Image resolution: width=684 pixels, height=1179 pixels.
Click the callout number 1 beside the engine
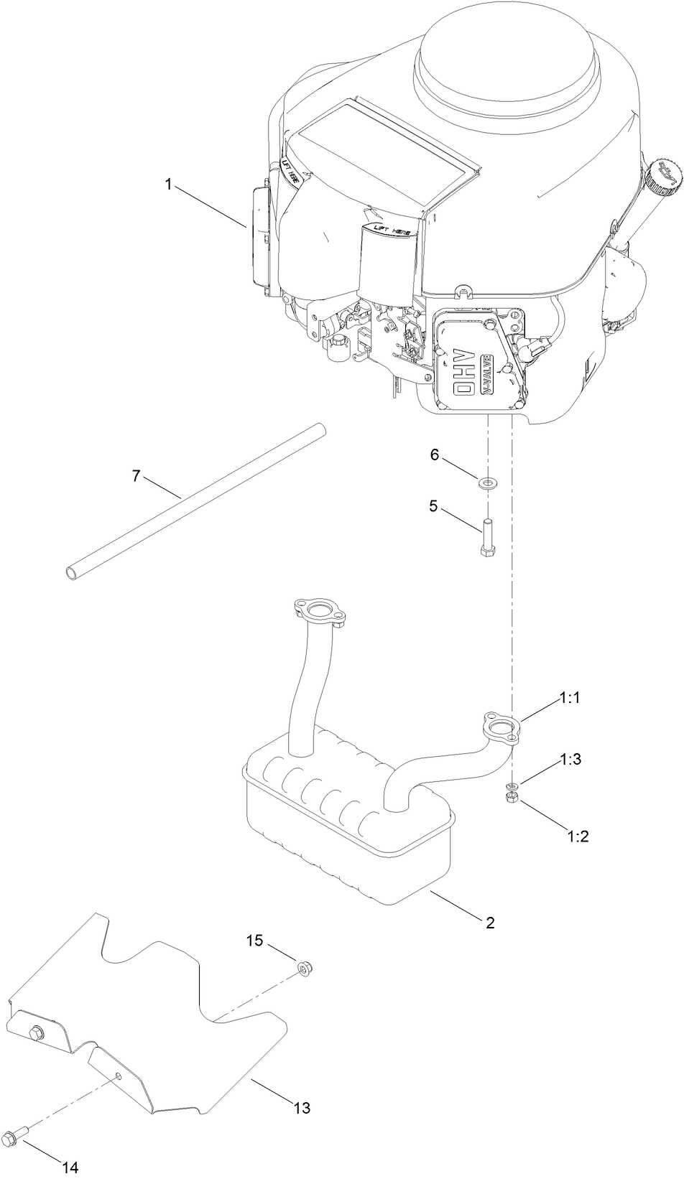[168, 185]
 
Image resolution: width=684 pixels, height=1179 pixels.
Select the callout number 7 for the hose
[137, 476]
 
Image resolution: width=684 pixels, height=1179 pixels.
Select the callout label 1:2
[578, 836]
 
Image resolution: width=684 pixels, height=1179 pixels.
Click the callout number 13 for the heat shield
[302, 1108]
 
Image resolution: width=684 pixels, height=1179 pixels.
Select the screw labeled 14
[15, 1136]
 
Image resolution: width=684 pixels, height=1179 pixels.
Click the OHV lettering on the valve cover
[464, 378]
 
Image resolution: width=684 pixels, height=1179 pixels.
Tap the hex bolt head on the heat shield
[34, 1033]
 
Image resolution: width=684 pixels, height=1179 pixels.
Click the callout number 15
[256, 941]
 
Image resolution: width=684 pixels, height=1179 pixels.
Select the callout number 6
[433, 455]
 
